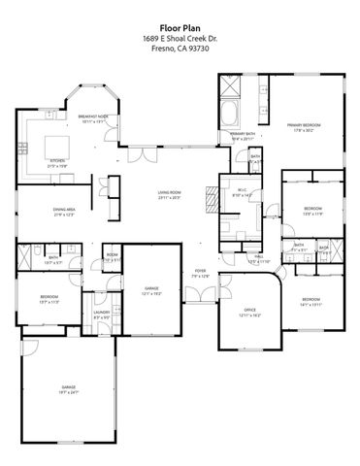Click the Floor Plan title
coord(180,29)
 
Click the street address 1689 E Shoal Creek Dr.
coord(180,38)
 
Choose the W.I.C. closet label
coord(242,193)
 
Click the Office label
coord(249,312)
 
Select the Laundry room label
coord(102,315)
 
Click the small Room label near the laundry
coord(112,256)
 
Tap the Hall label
coord(258,260)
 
